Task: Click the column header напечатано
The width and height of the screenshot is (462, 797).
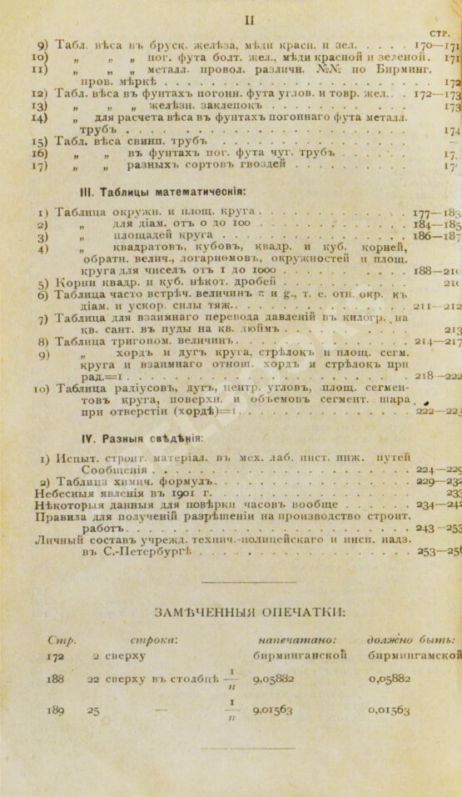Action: pyautogui.click(x=281, y=639)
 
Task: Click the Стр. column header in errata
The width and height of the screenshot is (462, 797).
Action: pyautogui.click(x=62, y=640)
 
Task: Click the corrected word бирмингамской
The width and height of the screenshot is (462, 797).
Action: pyautogui.click(x=415, y=655)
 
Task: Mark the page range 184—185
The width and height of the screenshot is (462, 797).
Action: pyautogui.click(x=437, y=224)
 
